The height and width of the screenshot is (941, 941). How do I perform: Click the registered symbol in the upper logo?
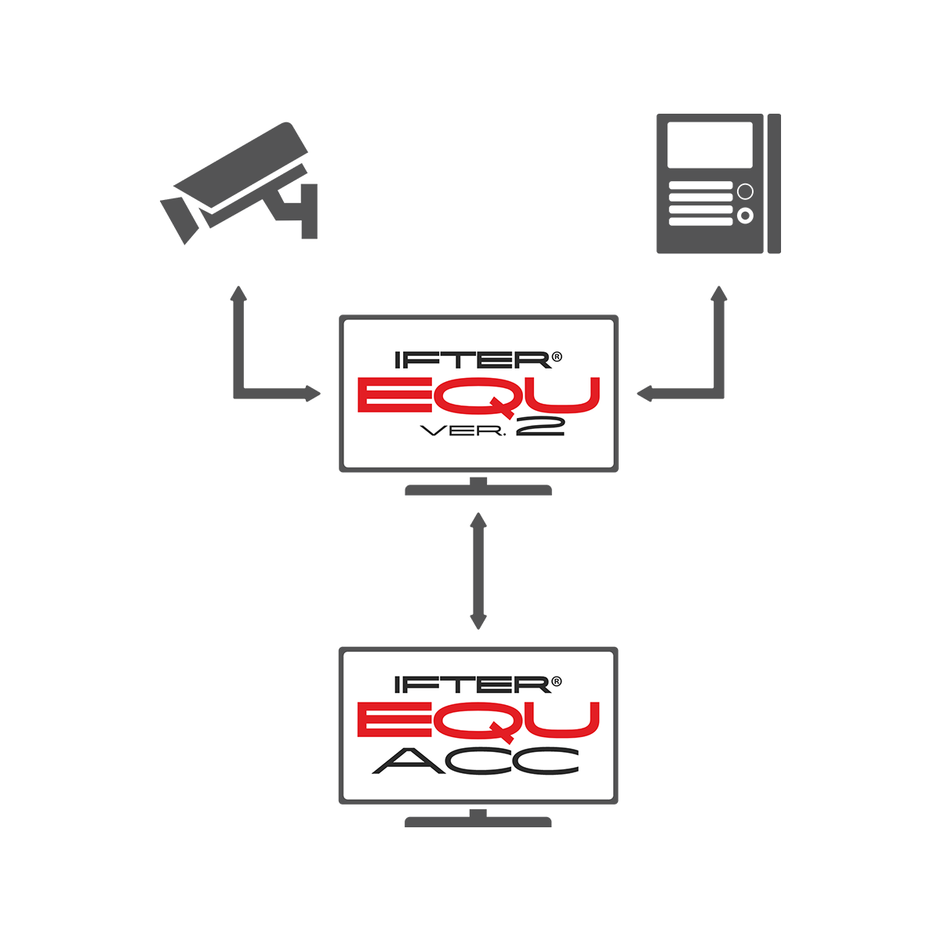click(x=557, y=357)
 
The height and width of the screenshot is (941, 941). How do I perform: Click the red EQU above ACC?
click(x=478, y=719)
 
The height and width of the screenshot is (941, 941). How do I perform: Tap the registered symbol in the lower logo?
click(x=557, y=681)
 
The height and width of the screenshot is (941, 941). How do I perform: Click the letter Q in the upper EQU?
click(x=485, y=395)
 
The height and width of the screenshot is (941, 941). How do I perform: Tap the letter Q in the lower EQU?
click(x=485, y=720)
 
